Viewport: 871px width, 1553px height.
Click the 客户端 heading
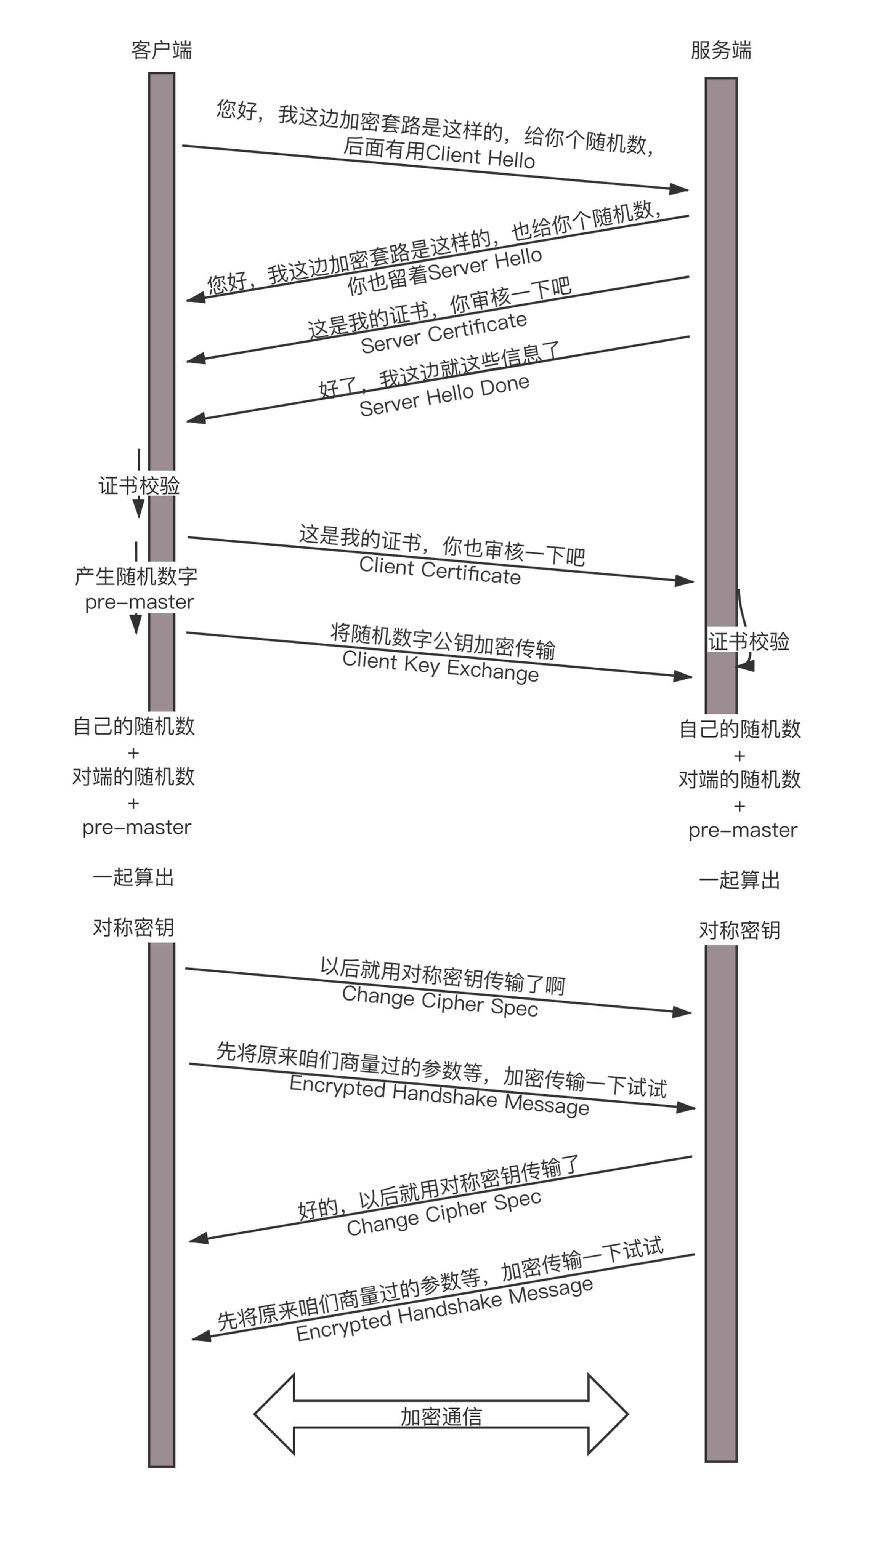pyautogui.click(x=161, y=50)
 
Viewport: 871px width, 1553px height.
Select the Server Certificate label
pyautogui.click(x=444, y=333)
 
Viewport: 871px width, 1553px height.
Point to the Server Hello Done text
pyautogui.click(x=444, y=395)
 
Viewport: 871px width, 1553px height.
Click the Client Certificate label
pyautogui.click(x=440, y=570)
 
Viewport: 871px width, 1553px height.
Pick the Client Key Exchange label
pyautogui.click(x=440, y=666)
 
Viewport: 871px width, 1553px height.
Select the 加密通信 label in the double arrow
pyautogui.click(x=441, y=1417)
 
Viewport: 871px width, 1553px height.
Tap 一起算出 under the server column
pyautogui.click(x=739, y=880)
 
